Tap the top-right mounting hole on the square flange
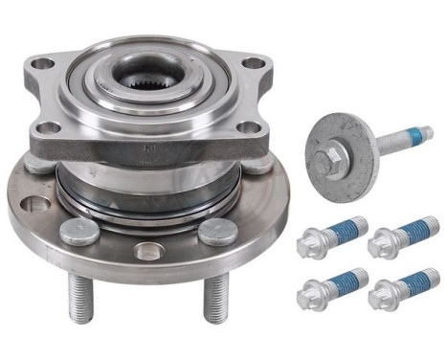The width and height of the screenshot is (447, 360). click(252, 65)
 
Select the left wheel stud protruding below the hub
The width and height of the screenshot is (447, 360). click(78, 299)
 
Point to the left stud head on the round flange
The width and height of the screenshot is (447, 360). click(78, 231)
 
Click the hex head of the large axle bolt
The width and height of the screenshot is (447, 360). click(332, 150)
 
